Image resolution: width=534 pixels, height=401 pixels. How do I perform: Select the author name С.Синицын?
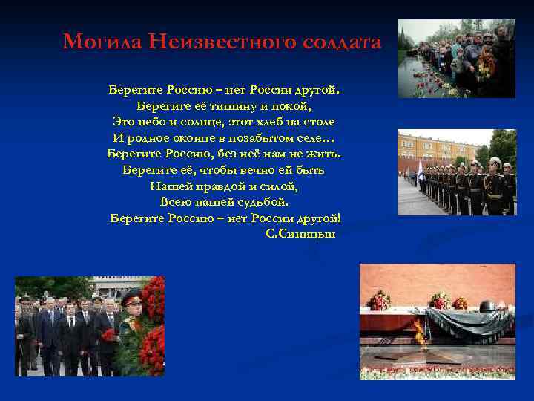[x=300, y=234]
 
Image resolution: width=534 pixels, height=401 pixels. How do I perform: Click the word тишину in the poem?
[x=225, y=106]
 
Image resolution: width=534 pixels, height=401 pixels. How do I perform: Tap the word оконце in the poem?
[x=200, y=138]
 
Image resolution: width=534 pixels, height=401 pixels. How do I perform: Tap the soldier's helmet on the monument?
[x=487, y=306]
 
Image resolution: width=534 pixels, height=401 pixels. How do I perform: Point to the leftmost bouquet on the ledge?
[x=380, y=300]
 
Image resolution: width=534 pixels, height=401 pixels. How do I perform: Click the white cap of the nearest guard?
[x=495, y=161]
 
